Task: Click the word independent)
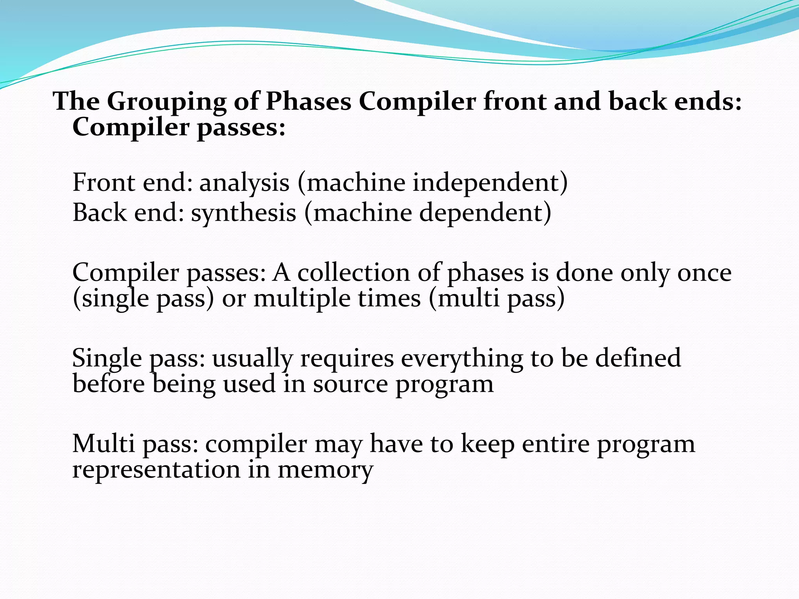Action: click(x=490, y=183)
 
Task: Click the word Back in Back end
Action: click(x=99, y=213)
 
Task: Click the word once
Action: click(x=704, y=273)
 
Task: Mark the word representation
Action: click(x=156, y=470)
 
